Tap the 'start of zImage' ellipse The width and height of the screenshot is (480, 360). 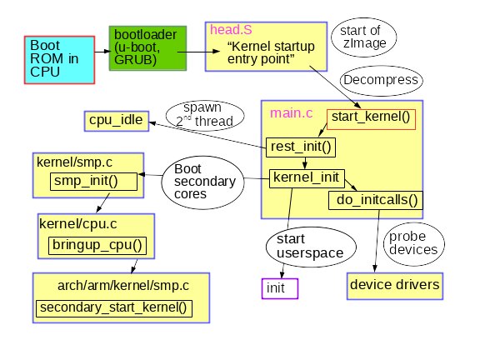(363, 37)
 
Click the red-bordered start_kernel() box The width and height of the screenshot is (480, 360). (370, 117)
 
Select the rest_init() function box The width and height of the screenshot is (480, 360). (301, 147)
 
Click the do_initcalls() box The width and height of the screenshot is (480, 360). (377, 200)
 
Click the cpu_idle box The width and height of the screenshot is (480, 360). (116, 121)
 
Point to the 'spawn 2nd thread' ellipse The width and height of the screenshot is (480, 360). (199, 114)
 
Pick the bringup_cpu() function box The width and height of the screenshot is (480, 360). (97, 245)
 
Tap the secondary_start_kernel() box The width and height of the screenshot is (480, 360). (113, 307)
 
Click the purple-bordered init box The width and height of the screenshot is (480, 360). (276, 287)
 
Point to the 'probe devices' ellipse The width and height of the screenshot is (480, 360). (412, 242)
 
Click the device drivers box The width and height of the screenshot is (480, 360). (394, 285)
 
